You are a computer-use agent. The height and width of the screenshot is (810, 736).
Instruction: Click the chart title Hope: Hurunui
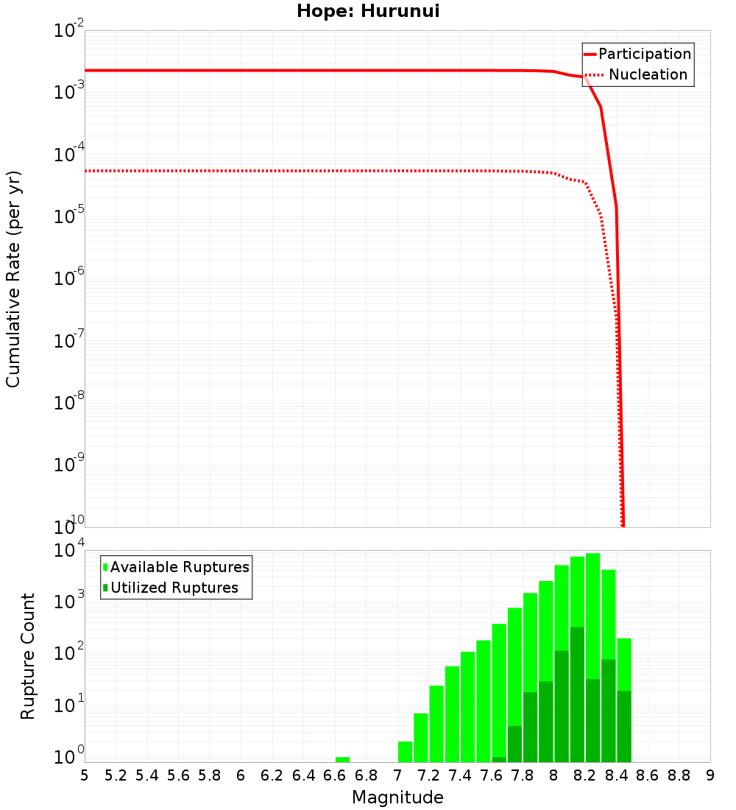(x=368, y=12)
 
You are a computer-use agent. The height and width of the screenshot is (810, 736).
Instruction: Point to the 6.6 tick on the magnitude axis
(x=335, y=775)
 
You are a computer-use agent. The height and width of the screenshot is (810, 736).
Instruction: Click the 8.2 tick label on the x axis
(x=585, y=775)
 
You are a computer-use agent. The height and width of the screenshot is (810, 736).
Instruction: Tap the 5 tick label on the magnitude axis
(x=85, y=775)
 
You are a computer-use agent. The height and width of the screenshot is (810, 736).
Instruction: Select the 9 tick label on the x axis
(x=710, y=775)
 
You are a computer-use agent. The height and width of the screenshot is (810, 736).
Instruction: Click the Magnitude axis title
(x=397, y=797)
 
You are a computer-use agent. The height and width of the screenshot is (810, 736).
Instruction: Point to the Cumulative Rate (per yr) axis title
(x=13, y=279)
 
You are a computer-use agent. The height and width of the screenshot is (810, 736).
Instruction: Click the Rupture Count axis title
(x=28, y=656)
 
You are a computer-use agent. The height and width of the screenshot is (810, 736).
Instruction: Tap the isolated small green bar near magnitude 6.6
(x=342, y=759)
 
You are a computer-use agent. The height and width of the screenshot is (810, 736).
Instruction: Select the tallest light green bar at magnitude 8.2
(x=593, y=589)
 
